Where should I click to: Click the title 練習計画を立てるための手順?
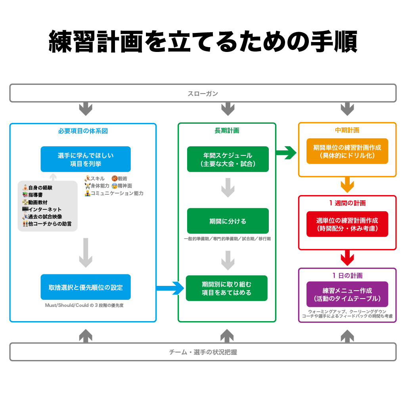pyautogui.click(x=203, y=42)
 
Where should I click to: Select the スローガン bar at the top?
pyautogui.click(x=203, y=94)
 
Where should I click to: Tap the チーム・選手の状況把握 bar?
pyautogui.click(x=203, y=352)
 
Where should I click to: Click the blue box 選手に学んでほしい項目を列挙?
pyautogui.click(x=86, y=159)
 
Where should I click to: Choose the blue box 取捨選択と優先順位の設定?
pyautogui.click(x=86, y=287)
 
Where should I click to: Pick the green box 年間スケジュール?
pyautogui.click(x=228, y=159)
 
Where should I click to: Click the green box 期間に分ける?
pyautogui.click(x=228, y=221)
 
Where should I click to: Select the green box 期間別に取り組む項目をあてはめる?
pyautogui.click(x=227, y=288)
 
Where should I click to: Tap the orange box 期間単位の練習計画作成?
pyautogui.click(x=347, y=151)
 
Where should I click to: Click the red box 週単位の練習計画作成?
pyautogui.click(x=347, y=224)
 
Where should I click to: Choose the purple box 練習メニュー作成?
pyautogui.click(x=347, y=294)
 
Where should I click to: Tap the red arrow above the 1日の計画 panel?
pyautogui.click(x=347, y=258)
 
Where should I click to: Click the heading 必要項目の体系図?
pyautogui.click(x=83, y=130)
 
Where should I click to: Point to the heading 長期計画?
pyautogui.click(x=227, y=130)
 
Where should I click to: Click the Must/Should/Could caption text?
pyautogui.click(x=84, y=306)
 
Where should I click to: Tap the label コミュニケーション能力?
pyautogui.click(x=117, y=193)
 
